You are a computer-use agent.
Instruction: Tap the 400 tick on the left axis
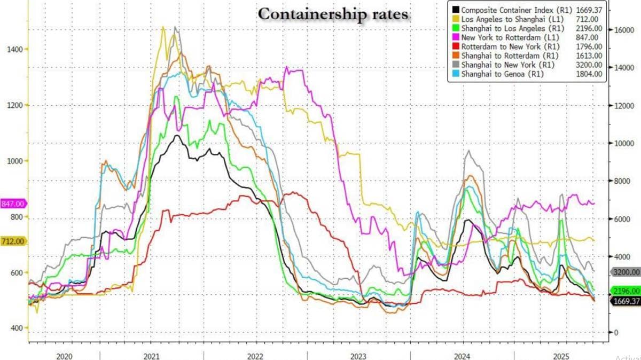[15, 328]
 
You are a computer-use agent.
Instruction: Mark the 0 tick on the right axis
[616, 332]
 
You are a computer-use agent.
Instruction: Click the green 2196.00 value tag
[624, 291]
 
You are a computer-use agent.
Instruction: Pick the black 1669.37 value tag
[624, 301]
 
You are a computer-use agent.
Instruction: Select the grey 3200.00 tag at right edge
[624, 271]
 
